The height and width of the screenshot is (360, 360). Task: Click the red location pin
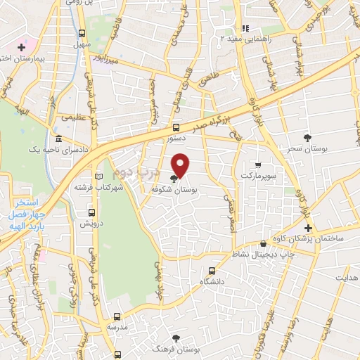[x=181, y=165]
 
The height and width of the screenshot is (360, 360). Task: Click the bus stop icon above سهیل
[x=82, y=33]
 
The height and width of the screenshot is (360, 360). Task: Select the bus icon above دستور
[x=176, y=128]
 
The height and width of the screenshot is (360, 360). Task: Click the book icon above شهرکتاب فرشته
[x=98, y=176]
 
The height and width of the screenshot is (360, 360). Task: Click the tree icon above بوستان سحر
[x=307, y=137]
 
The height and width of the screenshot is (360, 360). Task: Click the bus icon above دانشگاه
[x=212, y=270]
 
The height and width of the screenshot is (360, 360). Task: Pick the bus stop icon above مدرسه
[x=117, y=316]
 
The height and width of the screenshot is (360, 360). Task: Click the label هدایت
[x=346, y=278]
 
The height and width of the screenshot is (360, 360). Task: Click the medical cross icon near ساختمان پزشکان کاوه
[x=308, y=227]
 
